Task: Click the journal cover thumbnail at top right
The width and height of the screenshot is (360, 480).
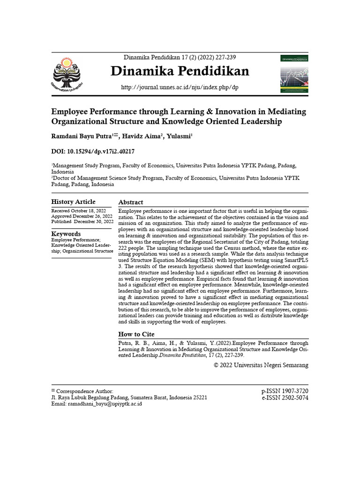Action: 294,73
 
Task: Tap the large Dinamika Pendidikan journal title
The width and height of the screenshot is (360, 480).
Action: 180,71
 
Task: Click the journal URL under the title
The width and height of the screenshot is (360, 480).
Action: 180,88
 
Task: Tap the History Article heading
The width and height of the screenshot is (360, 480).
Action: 73,202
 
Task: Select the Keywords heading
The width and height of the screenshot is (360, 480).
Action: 66,234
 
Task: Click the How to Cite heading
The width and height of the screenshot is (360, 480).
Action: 136,334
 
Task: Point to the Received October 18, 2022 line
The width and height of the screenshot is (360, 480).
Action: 79,211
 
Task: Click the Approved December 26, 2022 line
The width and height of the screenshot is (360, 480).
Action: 82,216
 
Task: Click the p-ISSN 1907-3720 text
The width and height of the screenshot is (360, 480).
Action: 285,391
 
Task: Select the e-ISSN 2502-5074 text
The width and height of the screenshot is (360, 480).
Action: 285,397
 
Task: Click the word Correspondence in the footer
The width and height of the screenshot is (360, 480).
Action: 75,391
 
